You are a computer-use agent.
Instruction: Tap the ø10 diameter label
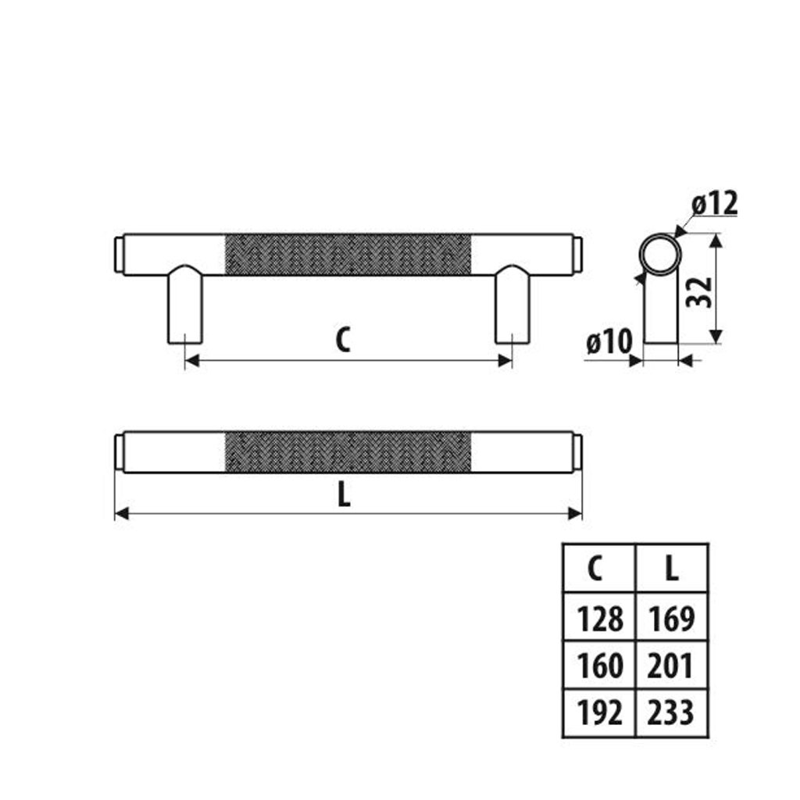(x=609, y=341)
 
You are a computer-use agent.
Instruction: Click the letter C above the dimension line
(x=342, y=340)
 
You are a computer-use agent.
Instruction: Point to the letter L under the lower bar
(x=344, y=495)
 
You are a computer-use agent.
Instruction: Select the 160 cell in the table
(x=600, y=666)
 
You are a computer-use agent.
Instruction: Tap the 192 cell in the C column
(x=600, y=712)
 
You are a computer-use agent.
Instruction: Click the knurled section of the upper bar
(x=348, y=254)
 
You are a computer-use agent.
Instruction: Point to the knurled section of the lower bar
(x=348, y=452)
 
